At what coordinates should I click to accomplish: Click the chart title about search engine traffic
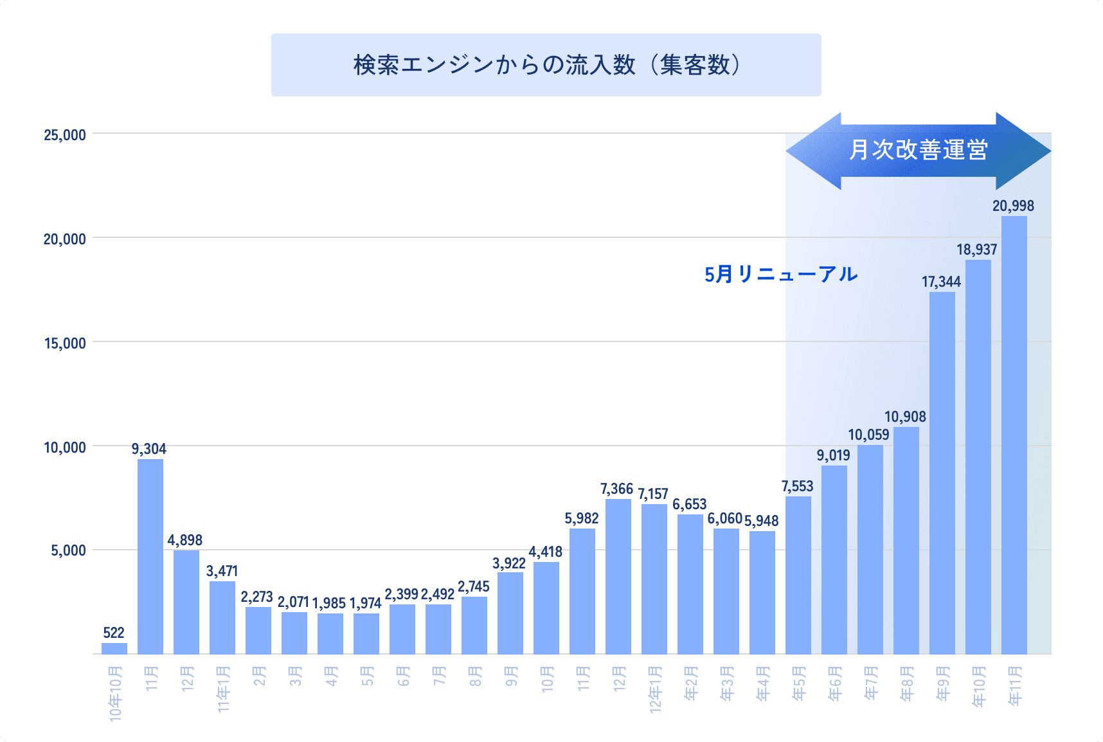(x=546, y=65)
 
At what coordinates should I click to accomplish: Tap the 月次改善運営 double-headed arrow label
(x=918, y=150)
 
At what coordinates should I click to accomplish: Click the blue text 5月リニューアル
(x=780, y=275)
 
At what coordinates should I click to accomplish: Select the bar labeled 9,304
(x=150, y=556)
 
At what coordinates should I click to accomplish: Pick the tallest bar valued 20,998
(x=1014, y=435)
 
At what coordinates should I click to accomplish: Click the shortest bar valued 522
(x=114, y=648)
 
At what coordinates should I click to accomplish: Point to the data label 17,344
(x=941, y=282)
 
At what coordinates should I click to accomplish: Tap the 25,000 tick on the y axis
(x=65, y=135)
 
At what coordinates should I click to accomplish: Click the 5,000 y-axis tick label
(x=68, y=550)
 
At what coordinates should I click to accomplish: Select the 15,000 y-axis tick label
(x=65, y=343)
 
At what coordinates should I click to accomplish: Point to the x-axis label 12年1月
(x=655, y=689)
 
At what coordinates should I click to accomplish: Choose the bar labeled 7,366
(x=618, y=576)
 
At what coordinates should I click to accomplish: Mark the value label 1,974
(x=365, y=603)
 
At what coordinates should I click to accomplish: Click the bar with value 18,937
(x=978, y=457)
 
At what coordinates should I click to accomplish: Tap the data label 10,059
(x=868, y=435)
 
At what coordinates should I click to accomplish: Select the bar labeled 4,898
(x=186, y=602)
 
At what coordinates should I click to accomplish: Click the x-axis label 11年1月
(x=223, y=689)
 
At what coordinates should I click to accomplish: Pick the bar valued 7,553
(x=798, y=575)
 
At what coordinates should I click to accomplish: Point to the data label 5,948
(x=761, y=521)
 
